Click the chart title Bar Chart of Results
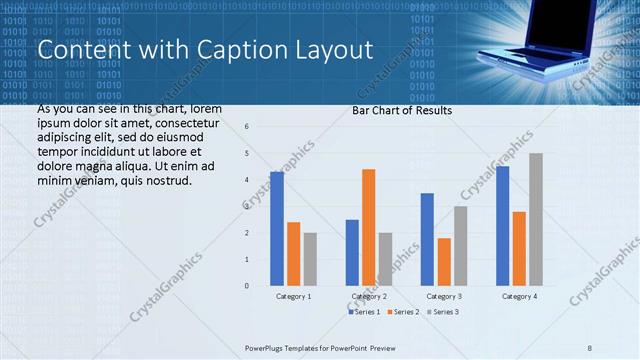tap(401, 111)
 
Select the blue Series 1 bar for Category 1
tap(277, 229)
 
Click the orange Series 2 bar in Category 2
tap(369, 227)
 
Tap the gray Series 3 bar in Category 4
tap(536, 219)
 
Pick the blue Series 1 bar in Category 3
tap(427, 239)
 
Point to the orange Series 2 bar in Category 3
tap(444, 262)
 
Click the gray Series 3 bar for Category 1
tap(310, 259)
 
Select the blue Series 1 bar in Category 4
tap(502, 226)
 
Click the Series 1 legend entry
tap(365, 312)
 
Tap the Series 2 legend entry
tap(405, 312)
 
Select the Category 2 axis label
tap(369, 297)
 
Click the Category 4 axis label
tap(518, 297)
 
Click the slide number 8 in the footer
tap(589, 348)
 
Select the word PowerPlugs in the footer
tap(267, 348)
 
